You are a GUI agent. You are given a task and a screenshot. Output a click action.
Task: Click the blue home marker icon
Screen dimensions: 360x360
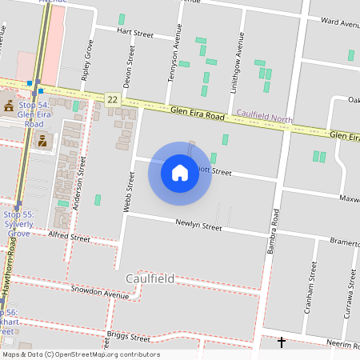click(180, 173)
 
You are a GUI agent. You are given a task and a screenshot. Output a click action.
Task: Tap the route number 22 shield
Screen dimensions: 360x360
click(112, 98)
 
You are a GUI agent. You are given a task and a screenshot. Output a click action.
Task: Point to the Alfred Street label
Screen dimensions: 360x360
click(70, 237)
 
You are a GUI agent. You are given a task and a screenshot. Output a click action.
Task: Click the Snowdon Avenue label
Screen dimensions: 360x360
click(99, 293)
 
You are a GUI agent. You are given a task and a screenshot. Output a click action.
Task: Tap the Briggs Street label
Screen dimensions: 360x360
click(128, 335)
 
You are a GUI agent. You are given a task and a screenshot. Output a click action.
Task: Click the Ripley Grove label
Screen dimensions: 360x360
click(83, 68)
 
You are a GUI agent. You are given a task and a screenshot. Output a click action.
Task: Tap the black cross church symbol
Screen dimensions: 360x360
click(281, 343)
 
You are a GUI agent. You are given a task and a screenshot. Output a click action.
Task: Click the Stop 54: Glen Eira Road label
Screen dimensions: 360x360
click(33, 115)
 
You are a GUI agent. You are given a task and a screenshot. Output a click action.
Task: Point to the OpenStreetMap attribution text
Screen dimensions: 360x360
click(81, 354)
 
